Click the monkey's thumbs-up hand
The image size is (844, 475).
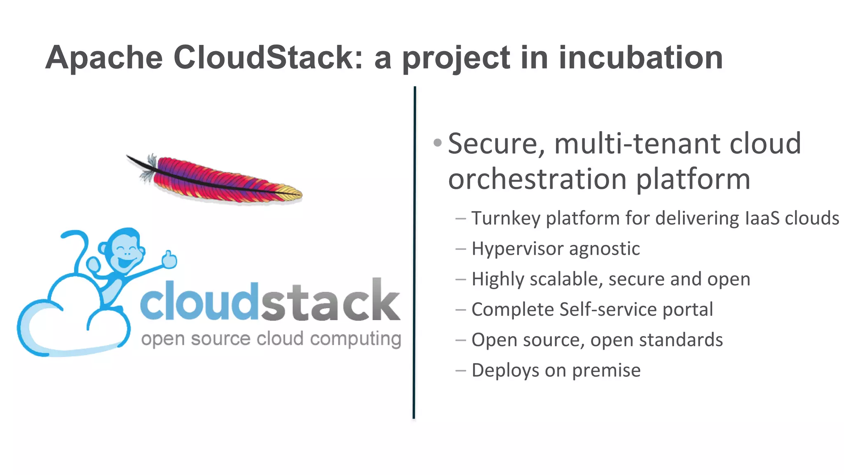(169, 260)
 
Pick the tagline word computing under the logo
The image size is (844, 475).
(355, 339)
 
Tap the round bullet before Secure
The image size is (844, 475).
(438, 143)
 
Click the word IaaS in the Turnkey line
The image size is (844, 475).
(762, 218)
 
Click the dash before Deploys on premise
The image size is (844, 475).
(460, 370)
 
